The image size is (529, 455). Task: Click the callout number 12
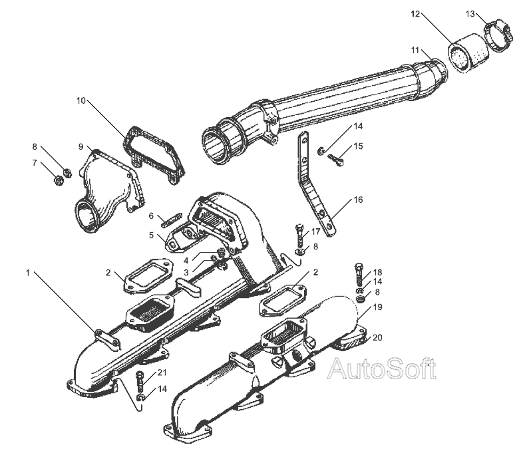416,14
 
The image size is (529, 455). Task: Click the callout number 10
81,100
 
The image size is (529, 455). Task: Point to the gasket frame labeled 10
154,154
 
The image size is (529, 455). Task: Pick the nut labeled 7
59,181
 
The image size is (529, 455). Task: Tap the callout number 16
358,200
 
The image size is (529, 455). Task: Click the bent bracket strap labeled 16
315,183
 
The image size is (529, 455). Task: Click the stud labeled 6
172,220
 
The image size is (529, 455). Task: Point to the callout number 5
151,235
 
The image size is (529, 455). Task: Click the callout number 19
378,307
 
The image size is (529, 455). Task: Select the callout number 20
377,337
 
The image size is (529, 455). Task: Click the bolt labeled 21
140,382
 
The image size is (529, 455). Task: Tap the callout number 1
28,273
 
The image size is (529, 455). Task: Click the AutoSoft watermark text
382,369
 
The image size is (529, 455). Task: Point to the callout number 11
415,51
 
